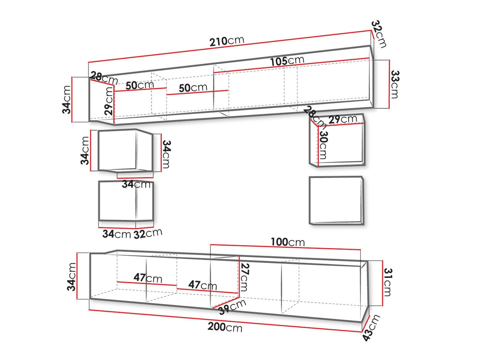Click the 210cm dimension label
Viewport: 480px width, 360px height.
[x=227, y=41]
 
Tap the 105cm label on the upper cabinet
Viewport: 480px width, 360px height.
[x=287, y=61]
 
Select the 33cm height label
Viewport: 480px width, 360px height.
[x=395, y=84]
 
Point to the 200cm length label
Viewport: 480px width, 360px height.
[x=225, y=327]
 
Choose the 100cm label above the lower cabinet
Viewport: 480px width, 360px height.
[x=288, y=242]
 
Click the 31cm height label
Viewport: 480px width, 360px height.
[x=388, y=282]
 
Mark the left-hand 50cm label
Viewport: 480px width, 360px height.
[x=139, y=85]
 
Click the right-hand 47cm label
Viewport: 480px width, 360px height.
[x=203, y=285]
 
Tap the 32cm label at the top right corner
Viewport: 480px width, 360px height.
[x=379, y=34]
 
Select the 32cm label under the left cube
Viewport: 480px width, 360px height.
[x=148, y=233]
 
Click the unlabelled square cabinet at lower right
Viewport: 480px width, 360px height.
[x=336, y=200]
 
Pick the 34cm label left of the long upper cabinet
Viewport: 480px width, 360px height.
[x=67, y=100]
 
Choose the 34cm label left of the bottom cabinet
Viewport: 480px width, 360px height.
[x=72, y=276]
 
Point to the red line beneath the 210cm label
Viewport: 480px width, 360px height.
[x=229, y=47]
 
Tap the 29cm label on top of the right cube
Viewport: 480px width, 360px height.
[x=343, y=119]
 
